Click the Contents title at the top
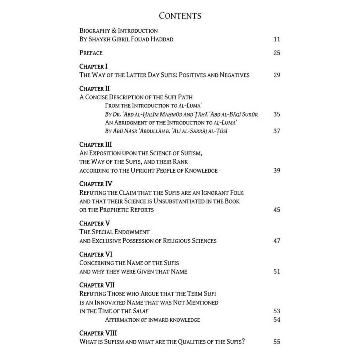(180, 16)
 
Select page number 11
(277, 39)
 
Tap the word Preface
(91, 53)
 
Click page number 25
(277, 53)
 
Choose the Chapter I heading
(93, 66)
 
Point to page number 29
(277, 75)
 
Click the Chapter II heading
(95, 89)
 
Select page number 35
(277, 114)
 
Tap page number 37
(277, 131)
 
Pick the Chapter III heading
(96, 145)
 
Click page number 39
(277, 171)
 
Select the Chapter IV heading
(96, 184)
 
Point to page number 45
(277, 210)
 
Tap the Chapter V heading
(95, 223)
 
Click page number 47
(277, 241)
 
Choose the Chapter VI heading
(96, 254)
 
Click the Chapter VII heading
(97, 285)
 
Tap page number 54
(277, 320)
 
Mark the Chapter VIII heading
(98, 333)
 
